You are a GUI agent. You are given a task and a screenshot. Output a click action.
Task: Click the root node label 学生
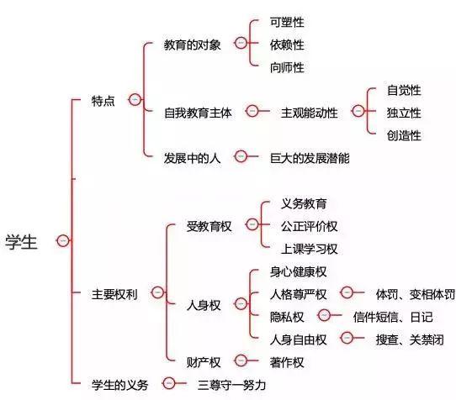(x=21, y=242)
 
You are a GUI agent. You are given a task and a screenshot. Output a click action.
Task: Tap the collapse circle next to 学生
(x=63, y=241)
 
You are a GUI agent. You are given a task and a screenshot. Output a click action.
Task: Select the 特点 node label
(x=103, y=101)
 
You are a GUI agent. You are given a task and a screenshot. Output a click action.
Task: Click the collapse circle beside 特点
(x=135, y=100)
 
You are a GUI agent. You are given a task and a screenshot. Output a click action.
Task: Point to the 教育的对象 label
(x=192, y=45)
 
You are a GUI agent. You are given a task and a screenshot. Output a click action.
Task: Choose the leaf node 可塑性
(x=287, y=22)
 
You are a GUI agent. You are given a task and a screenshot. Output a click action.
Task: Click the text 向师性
(x=287, y=67)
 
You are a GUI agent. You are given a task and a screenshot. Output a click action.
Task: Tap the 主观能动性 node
(x=310, y=113)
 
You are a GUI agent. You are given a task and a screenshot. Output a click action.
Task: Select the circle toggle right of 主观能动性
(x=358, y=111)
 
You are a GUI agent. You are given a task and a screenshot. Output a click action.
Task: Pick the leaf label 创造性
(x=404, y=135)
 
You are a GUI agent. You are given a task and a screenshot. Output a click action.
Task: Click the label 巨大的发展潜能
(x=310, y=158)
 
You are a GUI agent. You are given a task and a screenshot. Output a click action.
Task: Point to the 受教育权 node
(x=209, y=226)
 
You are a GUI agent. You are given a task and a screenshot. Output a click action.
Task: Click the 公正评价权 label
(x=310, y=226)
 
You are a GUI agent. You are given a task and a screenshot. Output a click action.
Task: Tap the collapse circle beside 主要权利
(x=158, y=292)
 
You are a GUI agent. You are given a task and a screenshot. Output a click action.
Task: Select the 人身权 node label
(x=204, y=305)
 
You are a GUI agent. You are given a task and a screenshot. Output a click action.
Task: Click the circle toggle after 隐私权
(x=324, y=315)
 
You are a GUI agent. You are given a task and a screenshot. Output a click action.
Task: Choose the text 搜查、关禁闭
(x=410, y=339)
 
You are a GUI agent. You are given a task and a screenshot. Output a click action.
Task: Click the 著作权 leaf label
(x=287, y=362)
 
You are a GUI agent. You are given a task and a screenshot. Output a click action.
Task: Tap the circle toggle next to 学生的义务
(x=169, y=383)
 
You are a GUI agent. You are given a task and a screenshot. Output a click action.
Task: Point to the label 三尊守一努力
(x=231, y=385)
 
